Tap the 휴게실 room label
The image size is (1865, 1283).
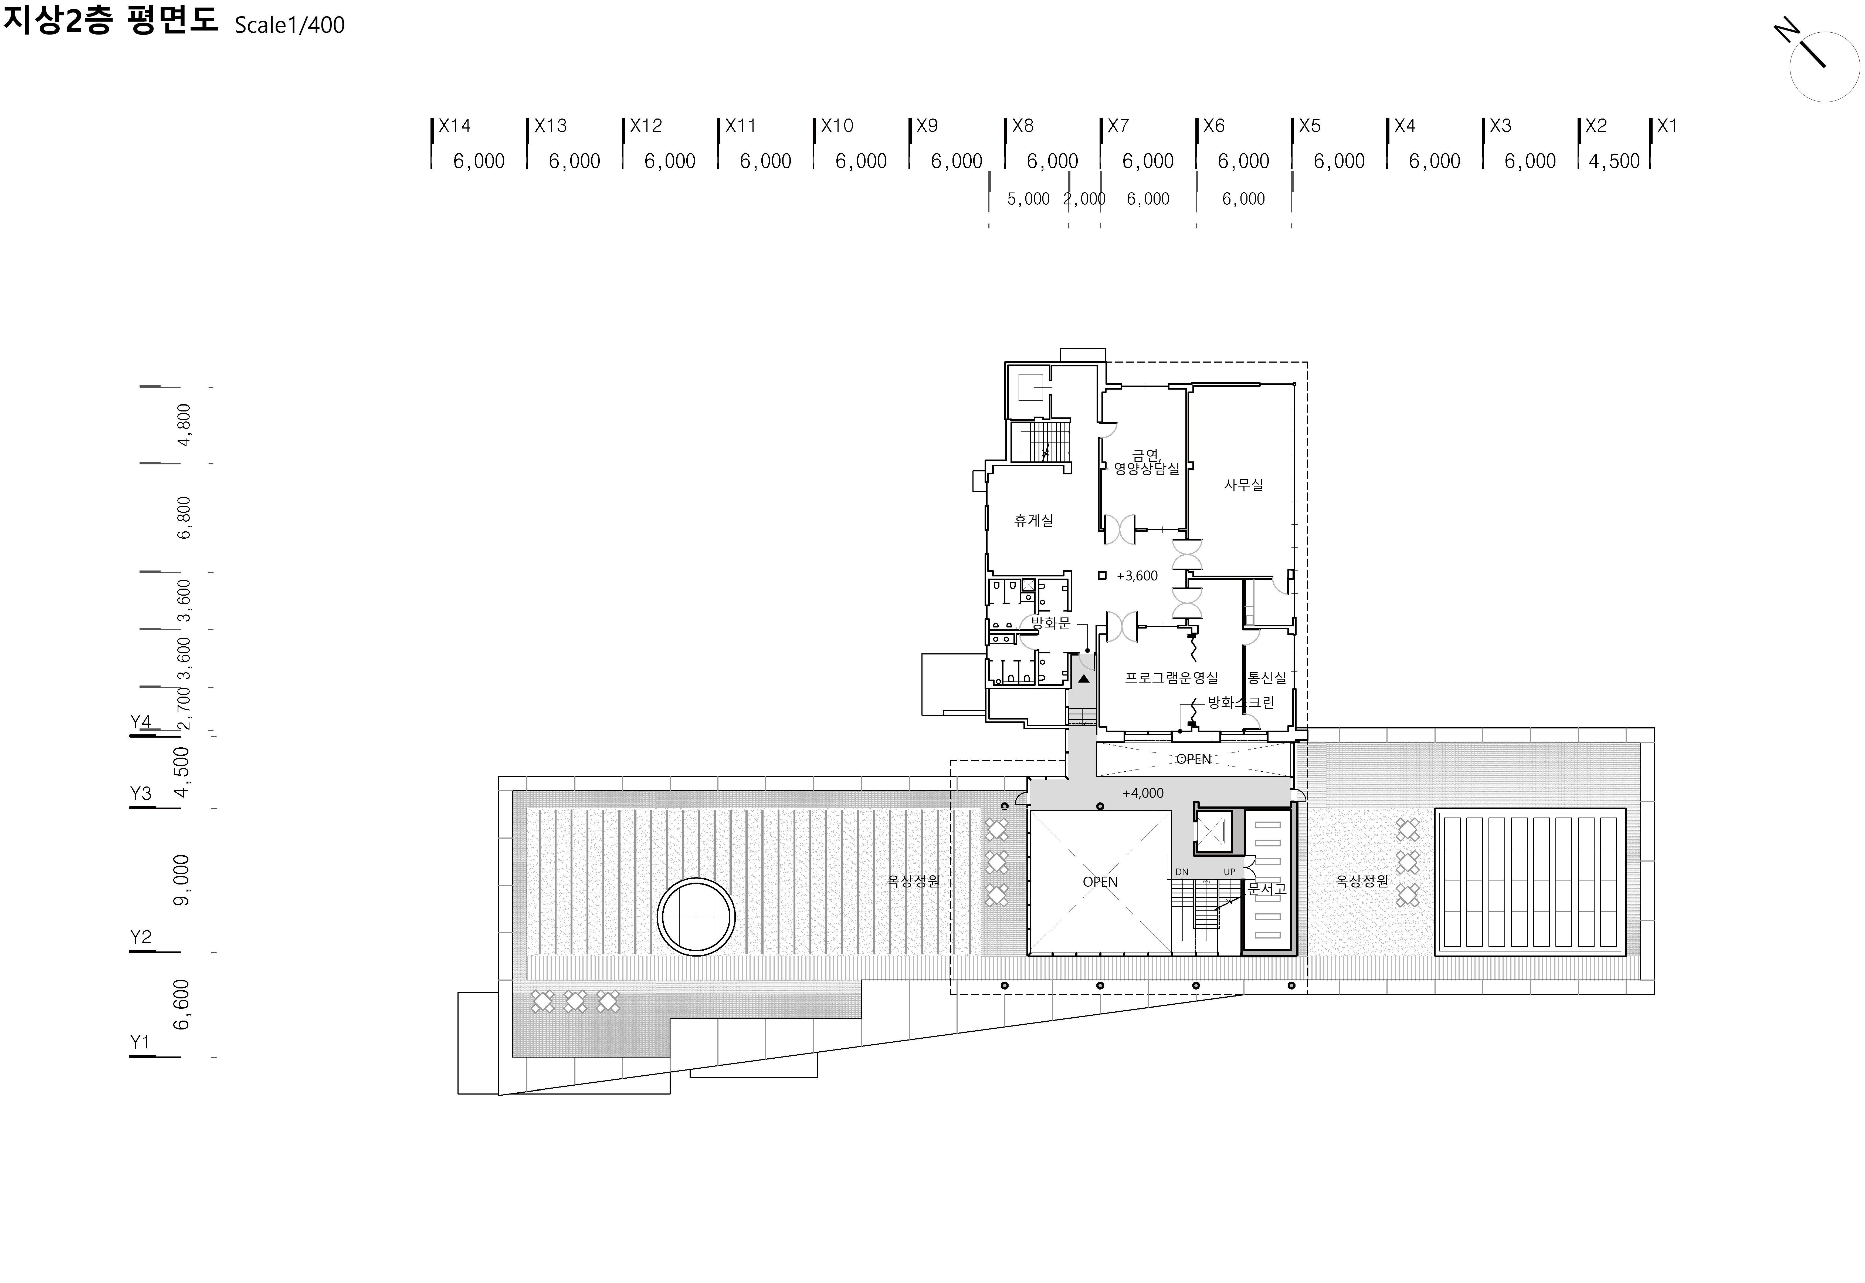click(x=1033, y=520)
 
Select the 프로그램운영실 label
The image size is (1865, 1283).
click(x=1172, y=678)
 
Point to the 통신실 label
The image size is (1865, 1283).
click(x=1267, y=678)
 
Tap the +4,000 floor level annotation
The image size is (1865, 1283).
click(x=1143, y=793)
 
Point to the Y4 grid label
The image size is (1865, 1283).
click(x=141, y=721)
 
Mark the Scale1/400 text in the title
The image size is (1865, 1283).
click(x=289, y=25)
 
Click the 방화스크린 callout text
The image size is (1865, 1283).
click(x=1241, y=703)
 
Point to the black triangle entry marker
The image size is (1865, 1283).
click(x=1083, y=678)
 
